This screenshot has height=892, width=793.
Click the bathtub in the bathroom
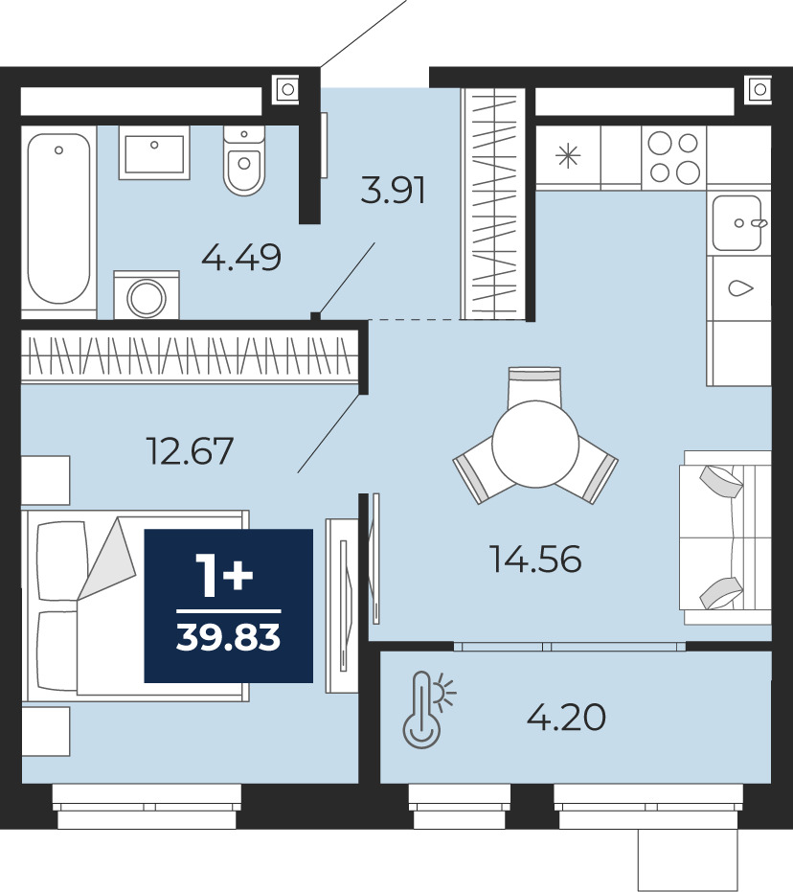click(x=58, y=219)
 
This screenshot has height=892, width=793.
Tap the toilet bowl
click(x=244, y=160)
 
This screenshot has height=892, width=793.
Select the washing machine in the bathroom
click(x=147, y=295)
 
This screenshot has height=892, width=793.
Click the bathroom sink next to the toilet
click(x=154, y=152)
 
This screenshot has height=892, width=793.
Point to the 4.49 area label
click(x=241, y=257)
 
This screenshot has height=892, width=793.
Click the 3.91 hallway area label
click(x=393, y=190)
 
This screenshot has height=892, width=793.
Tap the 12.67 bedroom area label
click(x=190, y=451)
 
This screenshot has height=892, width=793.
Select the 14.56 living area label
click(x=535, y=559)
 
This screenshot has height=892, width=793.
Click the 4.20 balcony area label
click(x=566, y=718)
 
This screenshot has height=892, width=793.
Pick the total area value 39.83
click(x=229, y=637)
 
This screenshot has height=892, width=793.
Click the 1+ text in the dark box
click(x=224, y=576)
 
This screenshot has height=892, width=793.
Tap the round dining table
click(x=535, y=444)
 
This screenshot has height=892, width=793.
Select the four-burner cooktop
click(x=673, y=156)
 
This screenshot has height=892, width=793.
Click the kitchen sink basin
click(x=737, y=223)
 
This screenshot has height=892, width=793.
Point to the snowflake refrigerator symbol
click(x=568, y=156)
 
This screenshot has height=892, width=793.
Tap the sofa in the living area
click(x=725, y=537)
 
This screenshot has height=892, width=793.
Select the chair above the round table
click(x=534, y=386)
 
